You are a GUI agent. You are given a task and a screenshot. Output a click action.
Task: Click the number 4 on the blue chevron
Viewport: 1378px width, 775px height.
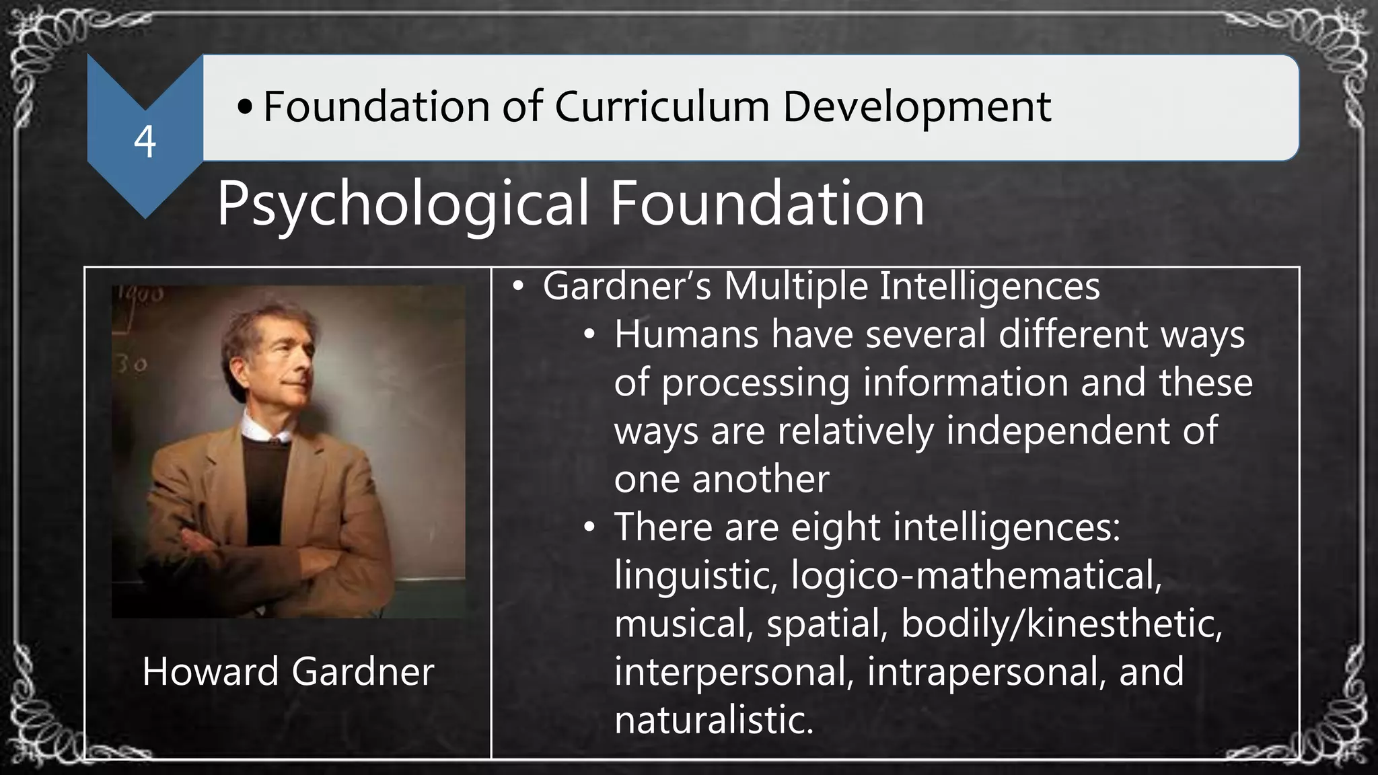[x=145, y=142]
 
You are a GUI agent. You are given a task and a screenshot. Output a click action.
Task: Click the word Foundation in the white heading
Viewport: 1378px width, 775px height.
[x=767, y=202]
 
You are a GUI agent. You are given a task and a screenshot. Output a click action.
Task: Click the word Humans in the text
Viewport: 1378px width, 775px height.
[x=686, y=334]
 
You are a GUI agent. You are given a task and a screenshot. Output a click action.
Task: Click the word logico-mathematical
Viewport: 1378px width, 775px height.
[x=976, y=575]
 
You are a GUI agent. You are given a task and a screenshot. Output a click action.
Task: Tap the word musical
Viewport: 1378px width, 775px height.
[x=683, y=624]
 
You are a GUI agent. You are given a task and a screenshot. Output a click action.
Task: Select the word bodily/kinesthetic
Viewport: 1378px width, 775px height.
[x=1061, y=624]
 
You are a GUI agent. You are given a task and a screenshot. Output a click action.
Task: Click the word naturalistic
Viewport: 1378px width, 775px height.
[x=714, y=720]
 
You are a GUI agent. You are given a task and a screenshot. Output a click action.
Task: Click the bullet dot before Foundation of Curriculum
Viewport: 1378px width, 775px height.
[x=246, y=106]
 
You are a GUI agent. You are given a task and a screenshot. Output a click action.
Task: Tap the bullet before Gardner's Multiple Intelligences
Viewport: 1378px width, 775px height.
[x=517, y=287]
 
